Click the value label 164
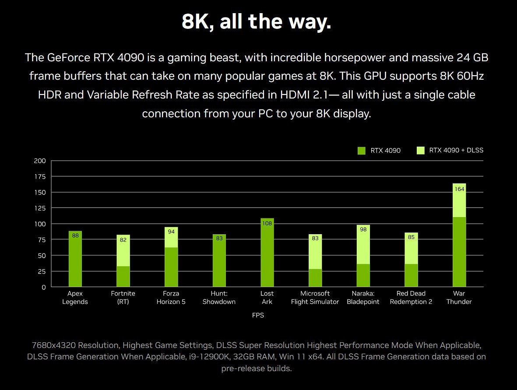click(459, 189)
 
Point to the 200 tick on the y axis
click(40, 161)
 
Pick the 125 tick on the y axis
click(40, 208)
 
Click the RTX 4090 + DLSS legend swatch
click(420, 151)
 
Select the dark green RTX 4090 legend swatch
click(362, 151)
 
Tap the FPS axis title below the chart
click(258, 315)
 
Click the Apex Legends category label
click(75, 298)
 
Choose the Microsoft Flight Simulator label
click(315, 298)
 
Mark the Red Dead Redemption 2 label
click(411, 298)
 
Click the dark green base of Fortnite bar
click(123, 277)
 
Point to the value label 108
click(267, 223)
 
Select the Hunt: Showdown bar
click(219, 263)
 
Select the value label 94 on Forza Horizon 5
click(171, 232)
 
